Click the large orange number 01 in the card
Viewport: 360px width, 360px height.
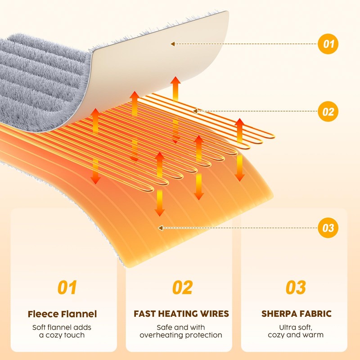pos(67,288)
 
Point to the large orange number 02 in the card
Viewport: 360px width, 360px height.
pos(182,288)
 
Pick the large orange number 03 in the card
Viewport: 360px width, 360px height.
pos(296,288)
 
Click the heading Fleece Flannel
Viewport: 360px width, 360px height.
pos(62,314)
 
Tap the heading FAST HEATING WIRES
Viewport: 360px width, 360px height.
pos(181,314)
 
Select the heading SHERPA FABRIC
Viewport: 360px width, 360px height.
pos(296,314)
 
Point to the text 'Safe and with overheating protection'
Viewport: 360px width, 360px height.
pos(181,331)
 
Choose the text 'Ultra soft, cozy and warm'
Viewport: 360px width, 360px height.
pos(296,331)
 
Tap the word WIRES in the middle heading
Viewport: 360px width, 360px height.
pos(213,314)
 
